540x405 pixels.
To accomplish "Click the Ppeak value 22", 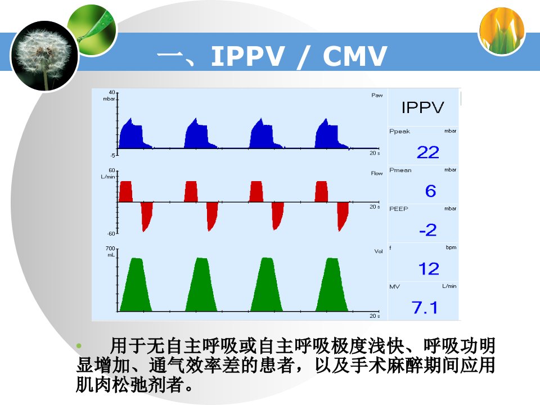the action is coord(427,152).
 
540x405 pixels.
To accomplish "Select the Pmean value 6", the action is coord(430,191).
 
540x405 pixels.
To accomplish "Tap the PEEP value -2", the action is coord(427,229).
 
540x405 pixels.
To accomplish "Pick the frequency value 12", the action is coord(429,269).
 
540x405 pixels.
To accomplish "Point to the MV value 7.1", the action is coord(425,308).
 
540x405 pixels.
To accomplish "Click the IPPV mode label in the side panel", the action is coord(422,107).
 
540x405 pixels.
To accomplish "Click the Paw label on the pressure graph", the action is coord(377,96).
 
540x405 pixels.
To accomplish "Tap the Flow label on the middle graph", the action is coord(377,173).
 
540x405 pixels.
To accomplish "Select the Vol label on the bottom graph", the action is coord(379,251).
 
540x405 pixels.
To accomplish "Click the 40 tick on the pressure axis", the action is coord(112,92).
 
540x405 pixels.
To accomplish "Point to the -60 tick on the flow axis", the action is coord(111,234).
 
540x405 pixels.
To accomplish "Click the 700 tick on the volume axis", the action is coord(110,248).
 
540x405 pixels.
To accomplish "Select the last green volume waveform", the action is coord(332,285).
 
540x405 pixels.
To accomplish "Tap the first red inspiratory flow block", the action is coord(125,191).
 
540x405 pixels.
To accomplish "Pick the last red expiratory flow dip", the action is coord(343,216).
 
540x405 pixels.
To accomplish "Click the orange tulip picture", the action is coord(502,31).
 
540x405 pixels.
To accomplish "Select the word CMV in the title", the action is coord(355,56).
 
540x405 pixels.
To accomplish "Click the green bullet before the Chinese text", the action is coord(79,345).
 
